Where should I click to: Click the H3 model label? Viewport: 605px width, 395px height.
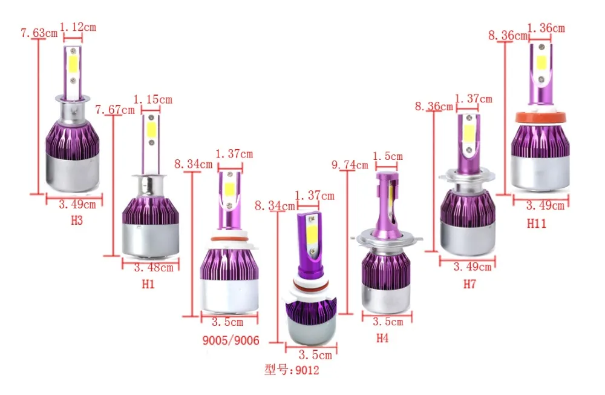pos(77,221)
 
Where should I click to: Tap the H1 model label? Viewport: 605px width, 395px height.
pos(148,284)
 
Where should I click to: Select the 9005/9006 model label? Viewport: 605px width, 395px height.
pos(231,340)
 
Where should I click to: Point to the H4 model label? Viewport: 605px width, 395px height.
pos(382,338)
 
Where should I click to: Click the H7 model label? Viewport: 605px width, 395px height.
pos(469,284)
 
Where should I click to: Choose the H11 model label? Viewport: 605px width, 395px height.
pos(537,223)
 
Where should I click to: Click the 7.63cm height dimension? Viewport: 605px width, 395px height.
pos(39,33)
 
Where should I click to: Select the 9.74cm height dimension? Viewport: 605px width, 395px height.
pos(350,165)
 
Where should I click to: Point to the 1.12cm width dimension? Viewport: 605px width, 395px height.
pos(78,27)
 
